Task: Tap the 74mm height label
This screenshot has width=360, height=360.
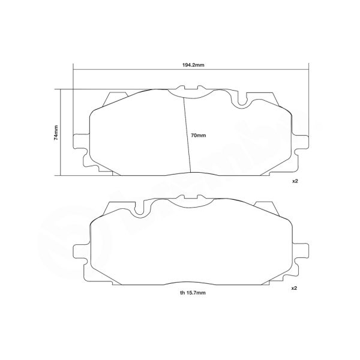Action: [x=56, y=133]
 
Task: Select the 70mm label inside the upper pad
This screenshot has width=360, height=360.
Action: [x=197, y=136]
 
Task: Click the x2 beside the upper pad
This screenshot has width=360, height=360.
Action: [x=295, y=180]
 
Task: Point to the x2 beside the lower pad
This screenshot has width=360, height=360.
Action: [x=295, y=289]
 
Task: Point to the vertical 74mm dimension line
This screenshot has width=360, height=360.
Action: [x=62, y=133]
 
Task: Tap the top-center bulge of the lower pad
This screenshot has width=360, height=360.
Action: [x=183, y=202]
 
